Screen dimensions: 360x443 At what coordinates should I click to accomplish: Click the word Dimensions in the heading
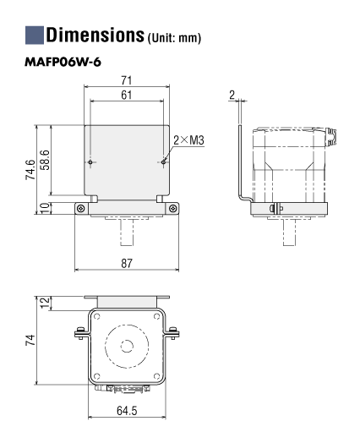(95, 35)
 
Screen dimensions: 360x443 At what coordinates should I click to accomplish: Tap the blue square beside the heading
(35, 35)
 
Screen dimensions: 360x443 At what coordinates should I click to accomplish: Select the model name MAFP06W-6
(63, 63)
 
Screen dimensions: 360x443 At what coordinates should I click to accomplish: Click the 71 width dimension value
(127, 80)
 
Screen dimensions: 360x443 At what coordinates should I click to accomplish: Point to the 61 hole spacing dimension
(127, 95)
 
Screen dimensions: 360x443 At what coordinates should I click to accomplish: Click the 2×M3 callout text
(188, 139)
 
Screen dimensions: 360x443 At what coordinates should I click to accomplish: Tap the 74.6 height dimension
(30, 170)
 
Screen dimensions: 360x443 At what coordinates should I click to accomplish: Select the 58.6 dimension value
(45, 160)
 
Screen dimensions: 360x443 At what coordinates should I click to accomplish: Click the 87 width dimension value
(127, 263)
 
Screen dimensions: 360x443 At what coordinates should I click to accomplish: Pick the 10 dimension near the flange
(45, 208)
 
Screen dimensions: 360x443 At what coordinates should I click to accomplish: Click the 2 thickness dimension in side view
(232, 96)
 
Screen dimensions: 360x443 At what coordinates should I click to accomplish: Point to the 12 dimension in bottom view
(45, 303)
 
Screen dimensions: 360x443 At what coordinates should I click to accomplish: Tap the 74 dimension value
(30, 340)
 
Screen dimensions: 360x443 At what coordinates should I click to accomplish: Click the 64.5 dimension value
(127, 411)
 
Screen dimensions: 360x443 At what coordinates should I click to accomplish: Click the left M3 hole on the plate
(90, 162)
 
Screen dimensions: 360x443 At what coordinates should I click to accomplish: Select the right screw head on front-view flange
(172, 209)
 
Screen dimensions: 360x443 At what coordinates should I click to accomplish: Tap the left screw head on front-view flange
(81, 209)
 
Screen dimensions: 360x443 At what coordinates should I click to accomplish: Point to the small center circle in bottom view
(127, 346)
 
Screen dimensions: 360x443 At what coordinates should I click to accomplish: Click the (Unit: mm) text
(174, 38)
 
